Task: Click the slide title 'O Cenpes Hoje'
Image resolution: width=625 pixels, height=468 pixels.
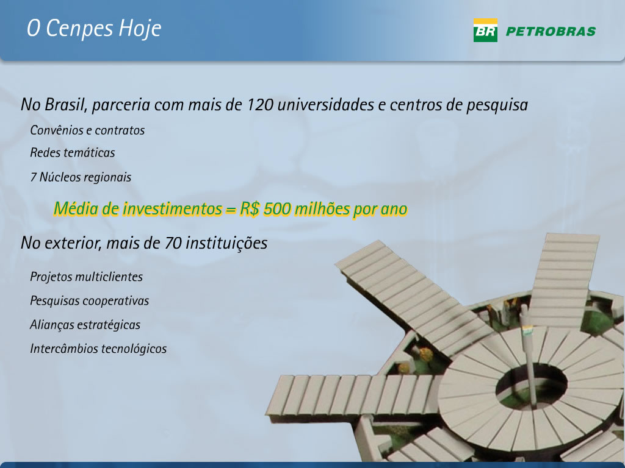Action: [94, 29]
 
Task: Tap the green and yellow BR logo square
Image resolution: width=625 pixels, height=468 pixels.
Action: [485, 30]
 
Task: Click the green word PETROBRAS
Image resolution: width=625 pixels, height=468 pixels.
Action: [551, 32]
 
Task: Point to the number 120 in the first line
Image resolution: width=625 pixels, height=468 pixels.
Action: [260, 105]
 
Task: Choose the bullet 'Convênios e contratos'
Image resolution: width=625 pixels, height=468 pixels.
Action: [87, 130]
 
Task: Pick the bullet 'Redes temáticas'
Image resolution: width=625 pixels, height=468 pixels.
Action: [73, 152]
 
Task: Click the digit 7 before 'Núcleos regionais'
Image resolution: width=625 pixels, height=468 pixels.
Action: [34, 177]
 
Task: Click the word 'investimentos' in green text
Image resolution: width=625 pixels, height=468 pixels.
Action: [172, 208]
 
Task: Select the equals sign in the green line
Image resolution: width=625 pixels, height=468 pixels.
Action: [231, 210]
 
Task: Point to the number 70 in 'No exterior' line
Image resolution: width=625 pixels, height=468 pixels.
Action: [173, 243]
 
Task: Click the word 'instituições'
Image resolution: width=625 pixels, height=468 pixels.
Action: [226, 243]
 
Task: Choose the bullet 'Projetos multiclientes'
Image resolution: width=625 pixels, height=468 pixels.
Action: [87, 277]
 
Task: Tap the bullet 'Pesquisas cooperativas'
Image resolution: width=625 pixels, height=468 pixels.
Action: [90, 301]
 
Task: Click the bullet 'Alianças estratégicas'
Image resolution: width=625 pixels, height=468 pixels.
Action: [85, 325]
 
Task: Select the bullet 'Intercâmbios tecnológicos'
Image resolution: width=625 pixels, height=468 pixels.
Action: [98, 349]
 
